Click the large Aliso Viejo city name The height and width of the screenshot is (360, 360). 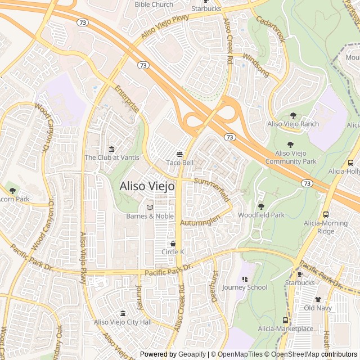point(147,186)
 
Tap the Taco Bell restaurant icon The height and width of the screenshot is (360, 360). point(179,154)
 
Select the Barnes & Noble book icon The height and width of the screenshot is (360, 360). point(150,208)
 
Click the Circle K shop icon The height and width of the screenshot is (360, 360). point(173,244)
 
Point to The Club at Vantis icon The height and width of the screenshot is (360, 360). point(111,149)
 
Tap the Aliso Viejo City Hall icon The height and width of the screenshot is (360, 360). point(123,313)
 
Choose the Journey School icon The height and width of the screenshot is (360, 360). point(245,279)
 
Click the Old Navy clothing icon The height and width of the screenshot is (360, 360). point(318,299)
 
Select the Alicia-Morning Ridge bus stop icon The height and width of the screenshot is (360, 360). point(326,214)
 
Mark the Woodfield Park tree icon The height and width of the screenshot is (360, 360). point(261,206)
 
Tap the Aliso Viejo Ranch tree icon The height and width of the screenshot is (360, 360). point(292,115)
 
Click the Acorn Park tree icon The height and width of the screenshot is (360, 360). point(12,191)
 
